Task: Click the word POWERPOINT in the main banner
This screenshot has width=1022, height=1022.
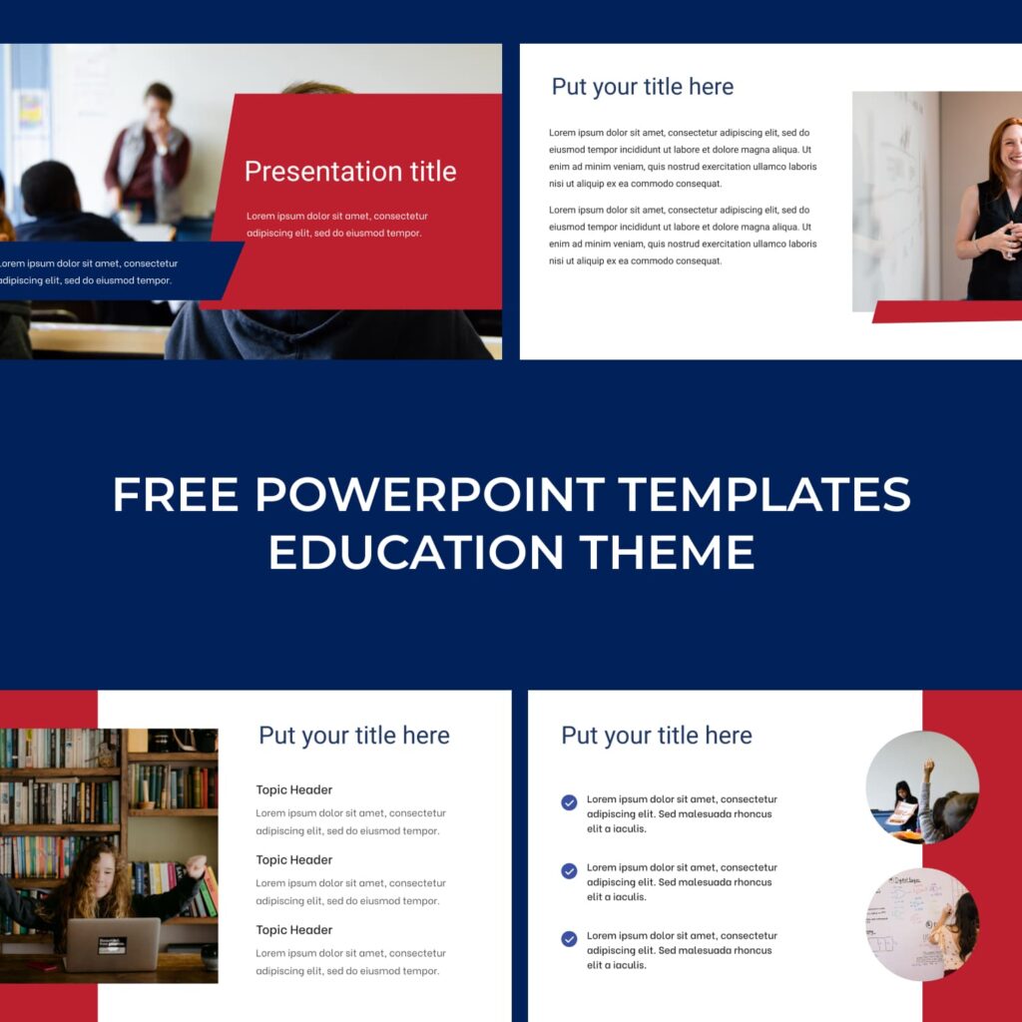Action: coord(429,494)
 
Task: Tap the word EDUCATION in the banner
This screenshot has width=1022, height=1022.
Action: coord(416,552)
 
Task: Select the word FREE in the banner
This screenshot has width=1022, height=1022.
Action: coord(176,494)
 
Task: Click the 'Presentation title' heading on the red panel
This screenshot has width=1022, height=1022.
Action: coord(350,172)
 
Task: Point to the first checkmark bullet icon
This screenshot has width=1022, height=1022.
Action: coord(569,802)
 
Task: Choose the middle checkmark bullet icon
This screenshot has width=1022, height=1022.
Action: coord(569,870)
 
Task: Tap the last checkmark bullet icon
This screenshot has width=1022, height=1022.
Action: coord(569,938)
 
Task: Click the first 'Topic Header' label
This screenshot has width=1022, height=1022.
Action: coord(294,790)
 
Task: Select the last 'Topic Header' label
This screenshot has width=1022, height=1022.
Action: coord(294,930)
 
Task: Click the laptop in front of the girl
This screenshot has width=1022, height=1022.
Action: coord(113,944)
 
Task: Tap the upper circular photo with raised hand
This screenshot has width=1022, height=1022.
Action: coord(921,787)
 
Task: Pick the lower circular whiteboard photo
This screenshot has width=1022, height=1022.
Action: coord(921,923)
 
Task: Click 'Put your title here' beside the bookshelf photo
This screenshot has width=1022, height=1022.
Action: coord(354,736)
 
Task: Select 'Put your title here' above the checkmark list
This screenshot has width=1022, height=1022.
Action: coord(657,736)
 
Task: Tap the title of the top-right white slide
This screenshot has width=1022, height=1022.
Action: coord(642,87)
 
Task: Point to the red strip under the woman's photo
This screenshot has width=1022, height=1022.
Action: coord(947,311)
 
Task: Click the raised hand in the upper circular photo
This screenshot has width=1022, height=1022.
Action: coord(928,768)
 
